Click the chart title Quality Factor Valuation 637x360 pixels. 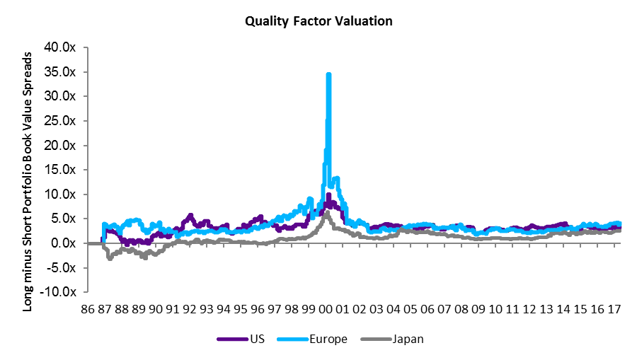tap(318, 21)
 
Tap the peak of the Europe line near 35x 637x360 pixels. tap(328, 74)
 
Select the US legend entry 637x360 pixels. tap(236, 339)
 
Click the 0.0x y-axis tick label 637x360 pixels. tap(69, 243)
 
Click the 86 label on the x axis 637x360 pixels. tap(86, 309)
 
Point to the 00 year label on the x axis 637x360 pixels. tap(326, 309)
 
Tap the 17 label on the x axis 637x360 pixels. tap(615, 309)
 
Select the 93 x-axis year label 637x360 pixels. tap(207, 309)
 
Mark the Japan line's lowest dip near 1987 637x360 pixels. tap(110, 258)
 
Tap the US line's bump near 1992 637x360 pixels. tap(190, 215)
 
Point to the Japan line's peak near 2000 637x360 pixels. tap(326, 212)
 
